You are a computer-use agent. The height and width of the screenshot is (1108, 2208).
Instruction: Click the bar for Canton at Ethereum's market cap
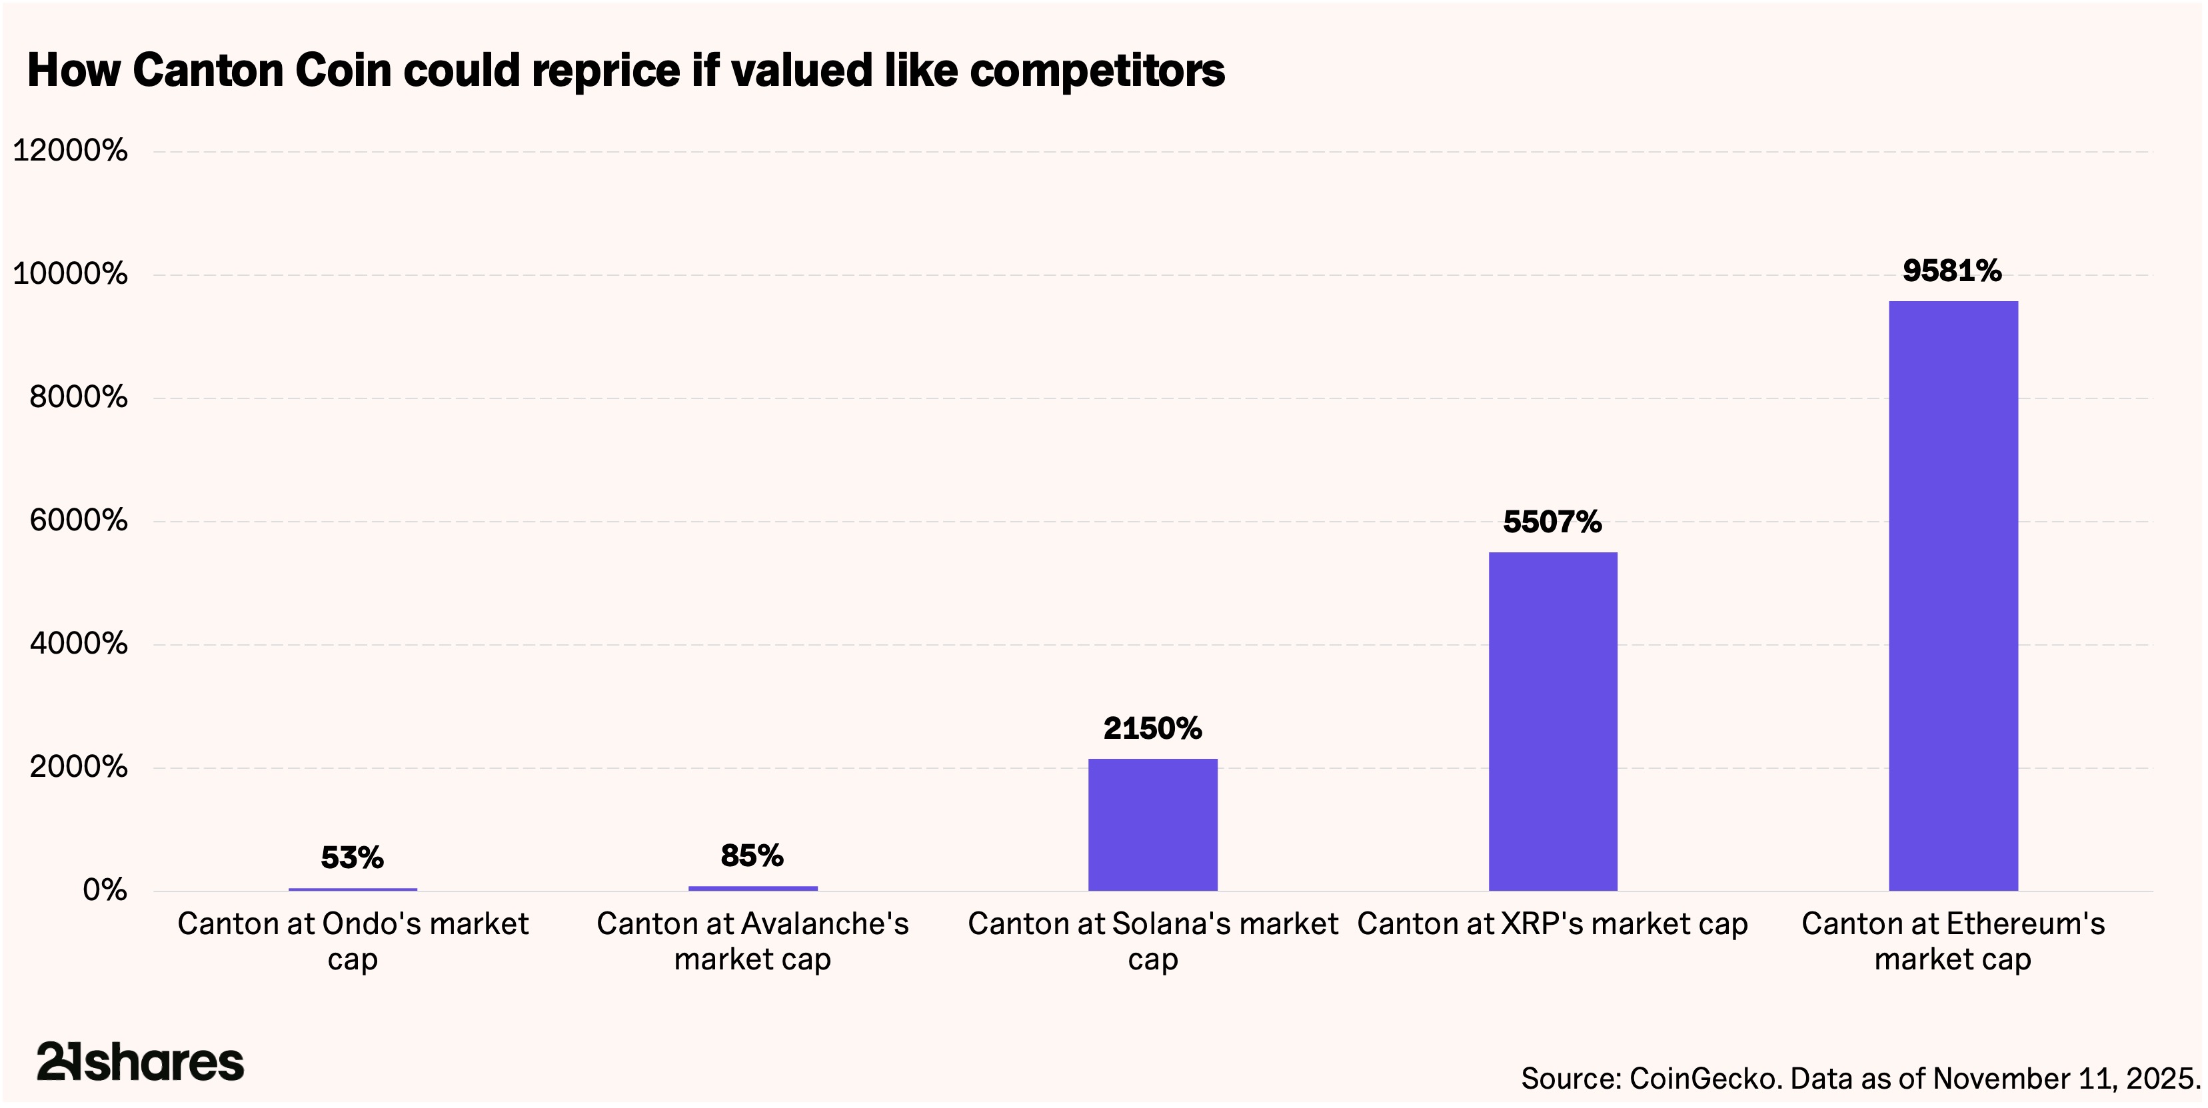1953,596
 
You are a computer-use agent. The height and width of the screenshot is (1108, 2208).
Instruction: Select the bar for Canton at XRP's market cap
1552,722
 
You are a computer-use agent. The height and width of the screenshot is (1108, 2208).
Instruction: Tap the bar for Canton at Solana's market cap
1152,824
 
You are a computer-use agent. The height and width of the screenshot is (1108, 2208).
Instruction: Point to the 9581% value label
1951,272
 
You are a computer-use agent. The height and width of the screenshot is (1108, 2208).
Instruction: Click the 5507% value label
1552,522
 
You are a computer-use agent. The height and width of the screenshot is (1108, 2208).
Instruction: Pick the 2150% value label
1152,728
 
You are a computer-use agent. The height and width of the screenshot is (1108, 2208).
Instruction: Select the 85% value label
752,855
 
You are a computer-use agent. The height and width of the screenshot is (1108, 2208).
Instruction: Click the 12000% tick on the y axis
70,151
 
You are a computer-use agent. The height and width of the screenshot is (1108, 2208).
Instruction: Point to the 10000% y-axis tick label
70,275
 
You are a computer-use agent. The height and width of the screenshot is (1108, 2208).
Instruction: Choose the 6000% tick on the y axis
78,520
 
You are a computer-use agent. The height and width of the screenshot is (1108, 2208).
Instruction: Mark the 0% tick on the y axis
105,890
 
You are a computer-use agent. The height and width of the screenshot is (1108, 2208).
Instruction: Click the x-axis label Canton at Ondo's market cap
353,941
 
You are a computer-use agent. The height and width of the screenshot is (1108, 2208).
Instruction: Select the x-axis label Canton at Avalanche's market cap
752,941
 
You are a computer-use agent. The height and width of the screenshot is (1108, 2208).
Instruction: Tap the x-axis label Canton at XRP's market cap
1552,923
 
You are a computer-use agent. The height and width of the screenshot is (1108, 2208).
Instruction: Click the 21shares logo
140,1062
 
